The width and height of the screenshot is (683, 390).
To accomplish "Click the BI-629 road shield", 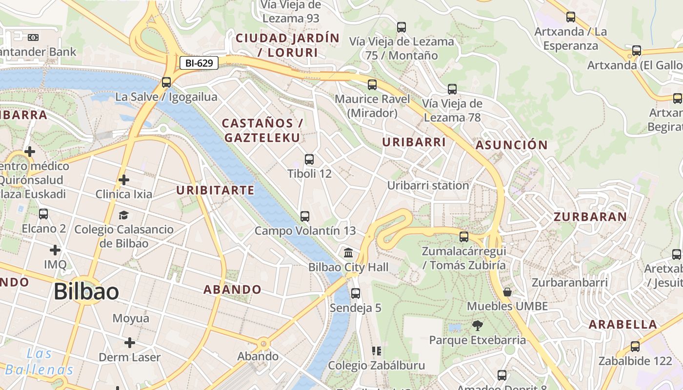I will [199, 63].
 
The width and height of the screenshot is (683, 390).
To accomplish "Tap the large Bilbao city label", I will [86, 292].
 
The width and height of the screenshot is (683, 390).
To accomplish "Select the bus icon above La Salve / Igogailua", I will [166, 82].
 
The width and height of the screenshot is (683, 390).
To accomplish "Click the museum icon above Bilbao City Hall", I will [348, 253].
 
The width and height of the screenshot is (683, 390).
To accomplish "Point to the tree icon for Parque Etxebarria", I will [478, 325].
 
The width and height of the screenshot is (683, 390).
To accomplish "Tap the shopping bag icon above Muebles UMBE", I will [507, 292].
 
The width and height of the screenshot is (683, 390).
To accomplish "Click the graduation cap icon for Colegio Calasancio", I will [124, 215].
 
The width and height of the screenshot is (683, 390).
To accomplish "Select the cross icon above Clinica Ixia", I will [124, 180].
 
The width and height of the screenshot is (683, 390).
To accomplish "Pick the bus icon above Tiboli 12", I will [309, 159].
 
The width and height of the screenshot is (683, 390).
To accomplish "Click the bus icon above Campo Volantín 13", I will [305, 216].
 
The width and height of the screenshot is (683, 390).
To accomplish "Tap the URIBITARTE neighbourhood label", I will [215, 190].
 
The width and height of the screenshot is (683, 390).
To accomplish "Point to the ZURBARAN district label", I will [590, 217].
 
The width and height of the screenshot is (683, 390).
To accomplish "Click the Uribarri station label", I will [428, 185].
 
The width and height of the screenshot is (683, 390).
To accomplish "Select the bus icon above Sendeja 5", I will [356, 293].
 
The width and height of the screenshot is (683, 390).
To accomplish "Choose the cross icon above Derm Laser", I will [130, 343].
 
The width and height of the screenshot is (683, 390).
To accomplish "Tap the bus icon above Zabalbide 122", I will [635, 347].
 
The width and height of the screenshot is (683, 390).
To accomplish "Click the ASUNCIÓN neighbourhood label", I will [512, 145].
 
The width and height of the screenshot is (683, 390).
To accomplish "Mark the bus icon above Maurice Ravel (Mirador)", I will [372, 85].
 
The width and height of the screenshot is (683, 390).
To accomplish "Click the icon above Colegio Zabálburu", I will [376, 351].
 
